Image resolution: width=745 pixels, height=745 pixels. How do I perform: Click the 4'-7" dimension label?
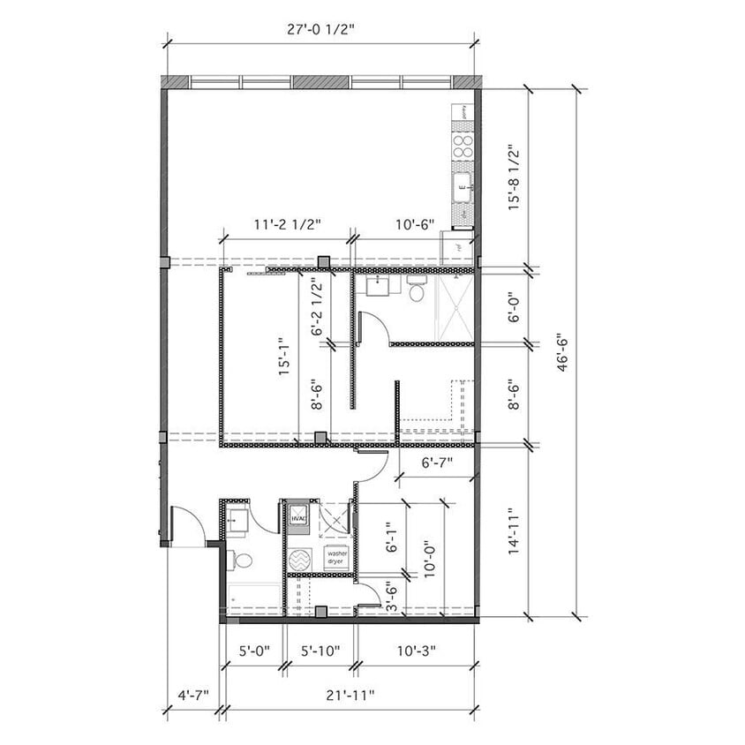[192, 695]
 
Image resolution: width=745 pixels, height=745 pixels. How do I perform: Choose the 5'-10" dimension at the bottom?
[319, 651]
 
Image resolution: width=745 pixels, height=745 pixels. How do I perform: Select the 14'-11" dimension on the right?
[512, 531]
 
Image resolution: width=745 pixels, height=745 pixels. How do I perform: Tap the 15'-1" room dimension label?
[282, 356]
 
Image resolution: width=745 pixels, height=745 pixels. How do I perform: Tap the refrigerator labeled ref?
[459, 248]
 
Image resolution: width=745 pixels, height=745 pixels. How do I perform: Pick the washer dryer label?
[335, 558]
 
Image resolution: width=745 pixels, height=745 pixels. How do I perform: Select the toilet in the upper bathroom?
[418, 290]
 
